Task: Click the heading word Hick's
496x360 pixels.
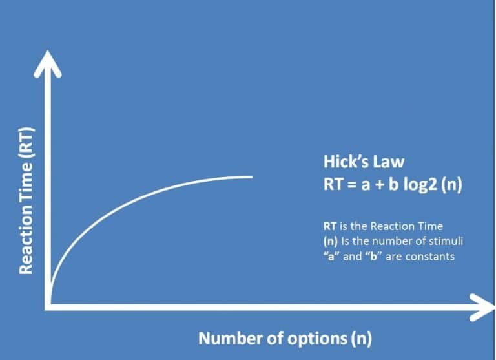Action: (346, 162)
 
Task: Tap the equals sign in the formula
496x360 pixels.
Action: (352, 185)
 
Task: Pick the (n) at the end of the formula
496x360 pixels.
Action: (451, 184)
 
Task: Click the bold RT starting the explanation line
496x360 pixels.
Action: (329, 226)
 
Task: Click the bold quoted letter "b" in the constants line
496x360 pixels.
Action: (374, 256)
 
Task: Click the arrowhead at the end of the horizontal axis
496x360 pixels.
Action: (484, 308)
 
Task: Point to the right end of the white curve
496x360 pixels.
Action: (252, 177)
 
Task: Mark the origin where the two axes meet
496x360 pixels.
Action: (48, 308)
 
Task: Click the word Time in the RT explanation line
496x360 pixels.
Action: (431, 226)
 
